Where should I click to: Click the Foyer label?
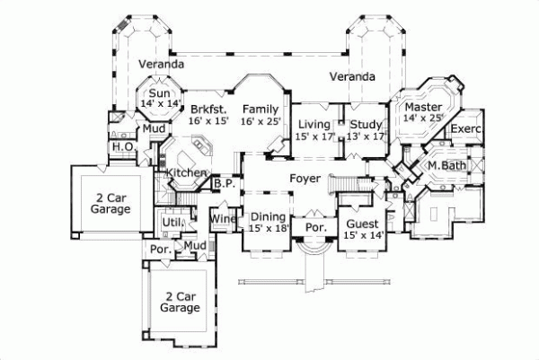pos(305,179)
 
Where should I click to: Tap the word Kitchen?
pos(186,172)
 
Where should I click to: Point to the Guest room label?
pos(362,222)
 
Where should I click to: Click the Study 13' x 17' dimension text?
pos(367,136)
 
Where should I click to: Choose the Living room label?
pos(314,124)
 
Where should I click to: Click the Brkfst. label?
pos(208,108)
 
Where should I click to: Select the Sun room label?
pos(160,93)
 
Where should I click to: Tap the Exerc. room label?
pos(466,129)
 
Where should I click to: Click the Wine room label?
pos(222,218)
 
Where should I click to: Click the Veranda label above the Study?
pos(351,77)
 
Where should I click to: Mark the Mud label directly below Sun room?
pos(155,129)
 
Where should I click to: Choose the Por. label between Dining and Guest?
pos(314,228)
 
